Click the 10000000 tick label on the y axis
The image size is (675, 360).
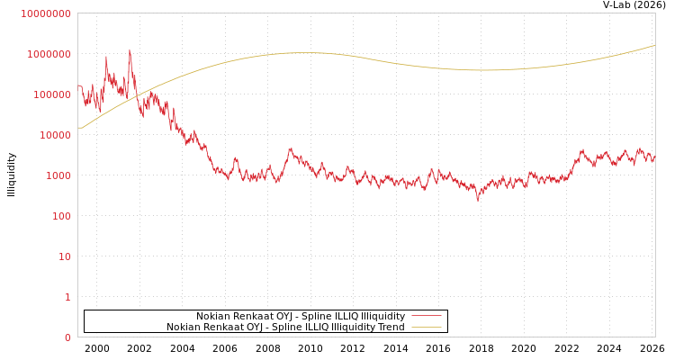click(45, 13)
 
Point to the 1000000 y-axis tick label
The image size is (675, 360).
click(49, 54)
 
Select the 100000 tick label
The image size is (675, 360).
click(51, 94)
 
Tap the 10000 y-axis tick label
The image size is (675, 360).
click(55, 135)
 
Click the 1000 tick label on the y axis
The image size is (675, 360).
click(58, 175)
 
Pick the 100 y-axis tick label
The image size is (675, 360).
click(61, 216)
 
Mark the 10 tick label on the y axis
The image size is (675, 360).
click(65, 256)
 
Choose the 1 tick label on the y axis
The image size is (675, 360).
click(67, 297)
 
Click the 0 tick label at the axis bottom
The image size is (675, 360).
click(67, 337)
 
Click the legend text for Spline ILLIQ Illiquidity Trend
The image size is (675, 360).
click(285, 328)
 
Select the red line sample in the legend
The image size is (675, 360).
click(427, 317)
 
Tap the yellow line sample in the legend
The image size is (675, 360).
click(427, 328)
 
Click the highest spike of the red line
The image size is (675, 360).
click(130, 50)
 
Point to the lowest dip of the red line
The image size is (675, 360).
click(478, 200)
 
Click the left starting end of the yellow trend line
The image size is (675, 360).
click(78, 128)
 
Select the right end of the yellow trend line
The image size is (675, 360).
click(654, 45)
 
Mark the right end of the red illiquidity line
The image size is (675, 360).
click(654, 157)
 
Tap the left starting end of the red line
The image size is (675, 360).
click(78, 85)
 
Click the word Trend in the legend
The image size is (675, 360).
click(391, 328)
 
